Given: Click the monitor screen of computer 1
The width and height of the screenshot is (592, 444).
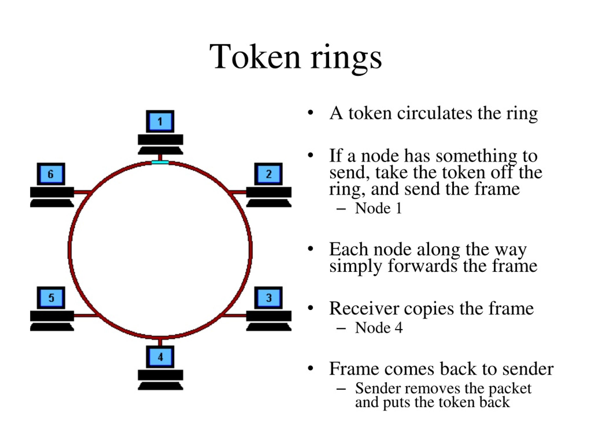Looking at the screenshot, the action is [160, 121].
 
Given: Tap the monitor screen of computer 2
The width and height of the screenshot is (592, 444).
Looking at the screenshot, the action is [268, 174].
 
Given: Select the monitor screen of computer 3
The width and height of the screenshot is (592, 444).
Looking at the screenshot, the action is [268, 298].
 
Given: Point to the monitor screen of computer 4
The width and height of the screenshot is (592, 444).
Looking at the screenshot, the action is [160, 357].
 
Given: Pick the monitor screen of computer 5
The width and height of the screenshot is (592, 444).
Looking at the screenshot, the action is [51, 298].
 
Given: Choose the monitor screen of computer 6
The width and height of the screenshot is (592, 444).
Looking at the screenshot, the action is [51, 174].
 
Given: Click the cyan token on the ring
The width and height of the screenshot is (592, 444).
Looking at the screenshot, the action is [160, 162].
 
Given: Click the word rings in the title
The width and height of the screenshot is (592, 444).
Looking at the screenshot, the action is [346, 59].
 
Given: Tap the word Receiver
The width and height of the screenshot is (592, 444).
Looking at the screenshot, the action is [364, 308].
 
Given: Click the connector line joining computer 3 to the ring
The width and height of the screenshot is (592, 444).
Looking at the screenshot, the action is [234, 315].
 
